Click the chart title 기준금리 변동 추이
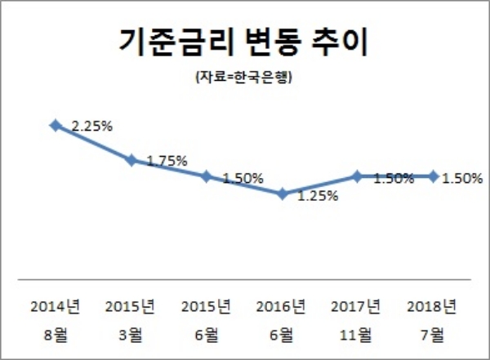click(244, 42)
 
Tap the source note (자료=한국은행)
click(244, 79)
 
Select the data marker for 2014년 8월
click(56, 125)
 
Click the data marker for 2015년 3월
click(131, 160)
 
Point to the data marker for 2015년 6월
click(207, 176)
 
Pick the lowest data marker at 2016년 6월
click(283, 194)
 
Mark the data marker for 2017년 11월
click(358, 176)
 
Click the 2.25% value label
click(91, 127)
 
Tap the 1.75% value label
click(167, 161)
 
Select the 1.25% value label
click(318, 197)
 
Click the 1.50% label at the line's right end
click(461, 178)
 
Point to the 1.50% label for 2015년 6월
click(243, 178)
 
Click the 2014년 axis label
click(56, 307)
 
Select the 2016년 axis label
click(282, 307)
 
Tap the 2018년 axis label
click(433, 307)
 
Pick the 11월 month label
click(358, 334)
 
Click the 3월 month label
click(131, 334)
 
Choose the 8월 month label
click(56, 334)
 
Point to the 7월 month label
click(433, 334)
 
